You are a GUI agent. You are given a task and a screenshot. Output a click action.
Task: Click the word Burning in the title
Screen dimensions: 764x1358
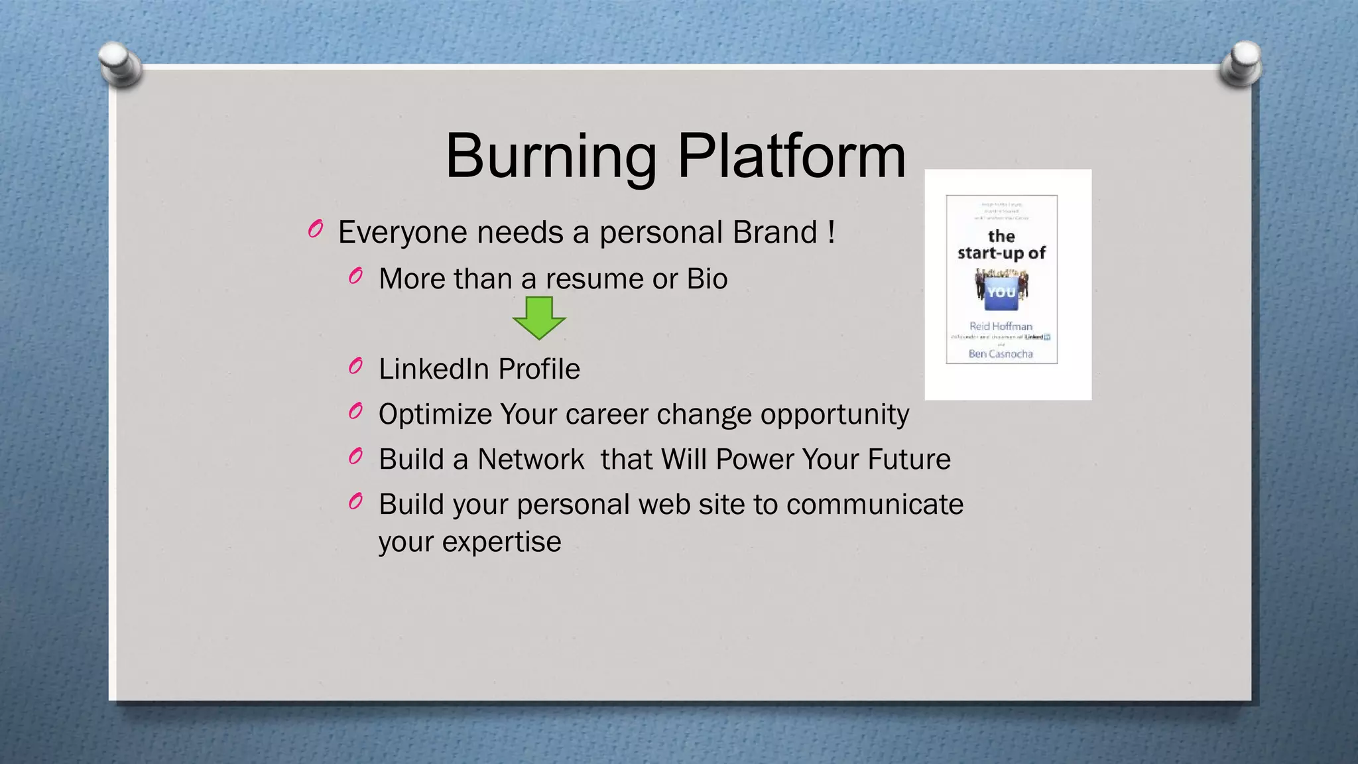[x=551, y=157]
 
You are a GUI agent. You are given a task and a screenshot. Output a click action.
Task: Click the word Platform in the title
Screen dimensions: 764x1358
[x=791, y=157]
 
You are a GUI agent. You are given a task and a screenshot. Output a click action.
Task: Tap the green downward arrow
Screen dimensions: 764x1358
[x=539, y=318]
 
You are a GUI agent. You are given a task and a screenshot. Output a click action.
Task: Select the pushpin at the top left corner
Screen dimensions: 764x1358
[x=120, y=64]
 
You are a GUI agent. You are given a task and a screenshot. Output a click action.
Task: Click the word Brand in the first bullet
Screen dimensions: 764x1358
[x=774, y=233]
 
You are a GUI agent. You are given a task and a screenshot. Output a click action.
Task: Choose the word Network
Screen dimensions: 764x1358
[x=530, y=460]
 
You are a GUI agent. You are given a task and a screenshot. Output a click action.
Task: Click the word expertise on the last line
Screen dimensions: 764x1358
[x=501, y=542]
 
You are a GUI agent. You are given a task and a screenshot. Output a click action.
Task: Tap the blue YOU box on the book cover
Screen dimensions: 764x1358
[x=1001, y=293]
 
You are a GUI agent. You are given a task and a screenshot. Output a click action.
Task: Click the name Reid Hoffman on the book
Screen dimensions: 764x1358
[x=1001, y=326]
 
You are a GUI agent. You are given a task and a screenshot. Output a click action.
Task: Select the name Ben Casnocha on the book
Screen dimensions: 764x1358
[x=1001, y=354]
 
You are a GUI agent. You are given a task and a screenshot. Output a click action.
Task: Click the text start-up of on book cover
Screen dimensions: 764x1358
[x=1001, y=253]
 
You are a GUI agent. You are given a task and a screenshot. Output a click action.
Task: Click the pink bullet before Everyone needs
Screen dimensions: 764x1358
[x=316, y=229]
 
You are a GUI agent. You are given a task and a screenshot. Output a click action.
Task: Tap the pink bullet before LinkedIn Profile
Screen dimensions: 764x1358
[x=356, y=365]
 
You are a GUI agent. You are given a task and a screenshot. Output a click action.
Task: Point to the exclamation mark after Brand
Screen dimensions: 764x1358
[x=832, y=232]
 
